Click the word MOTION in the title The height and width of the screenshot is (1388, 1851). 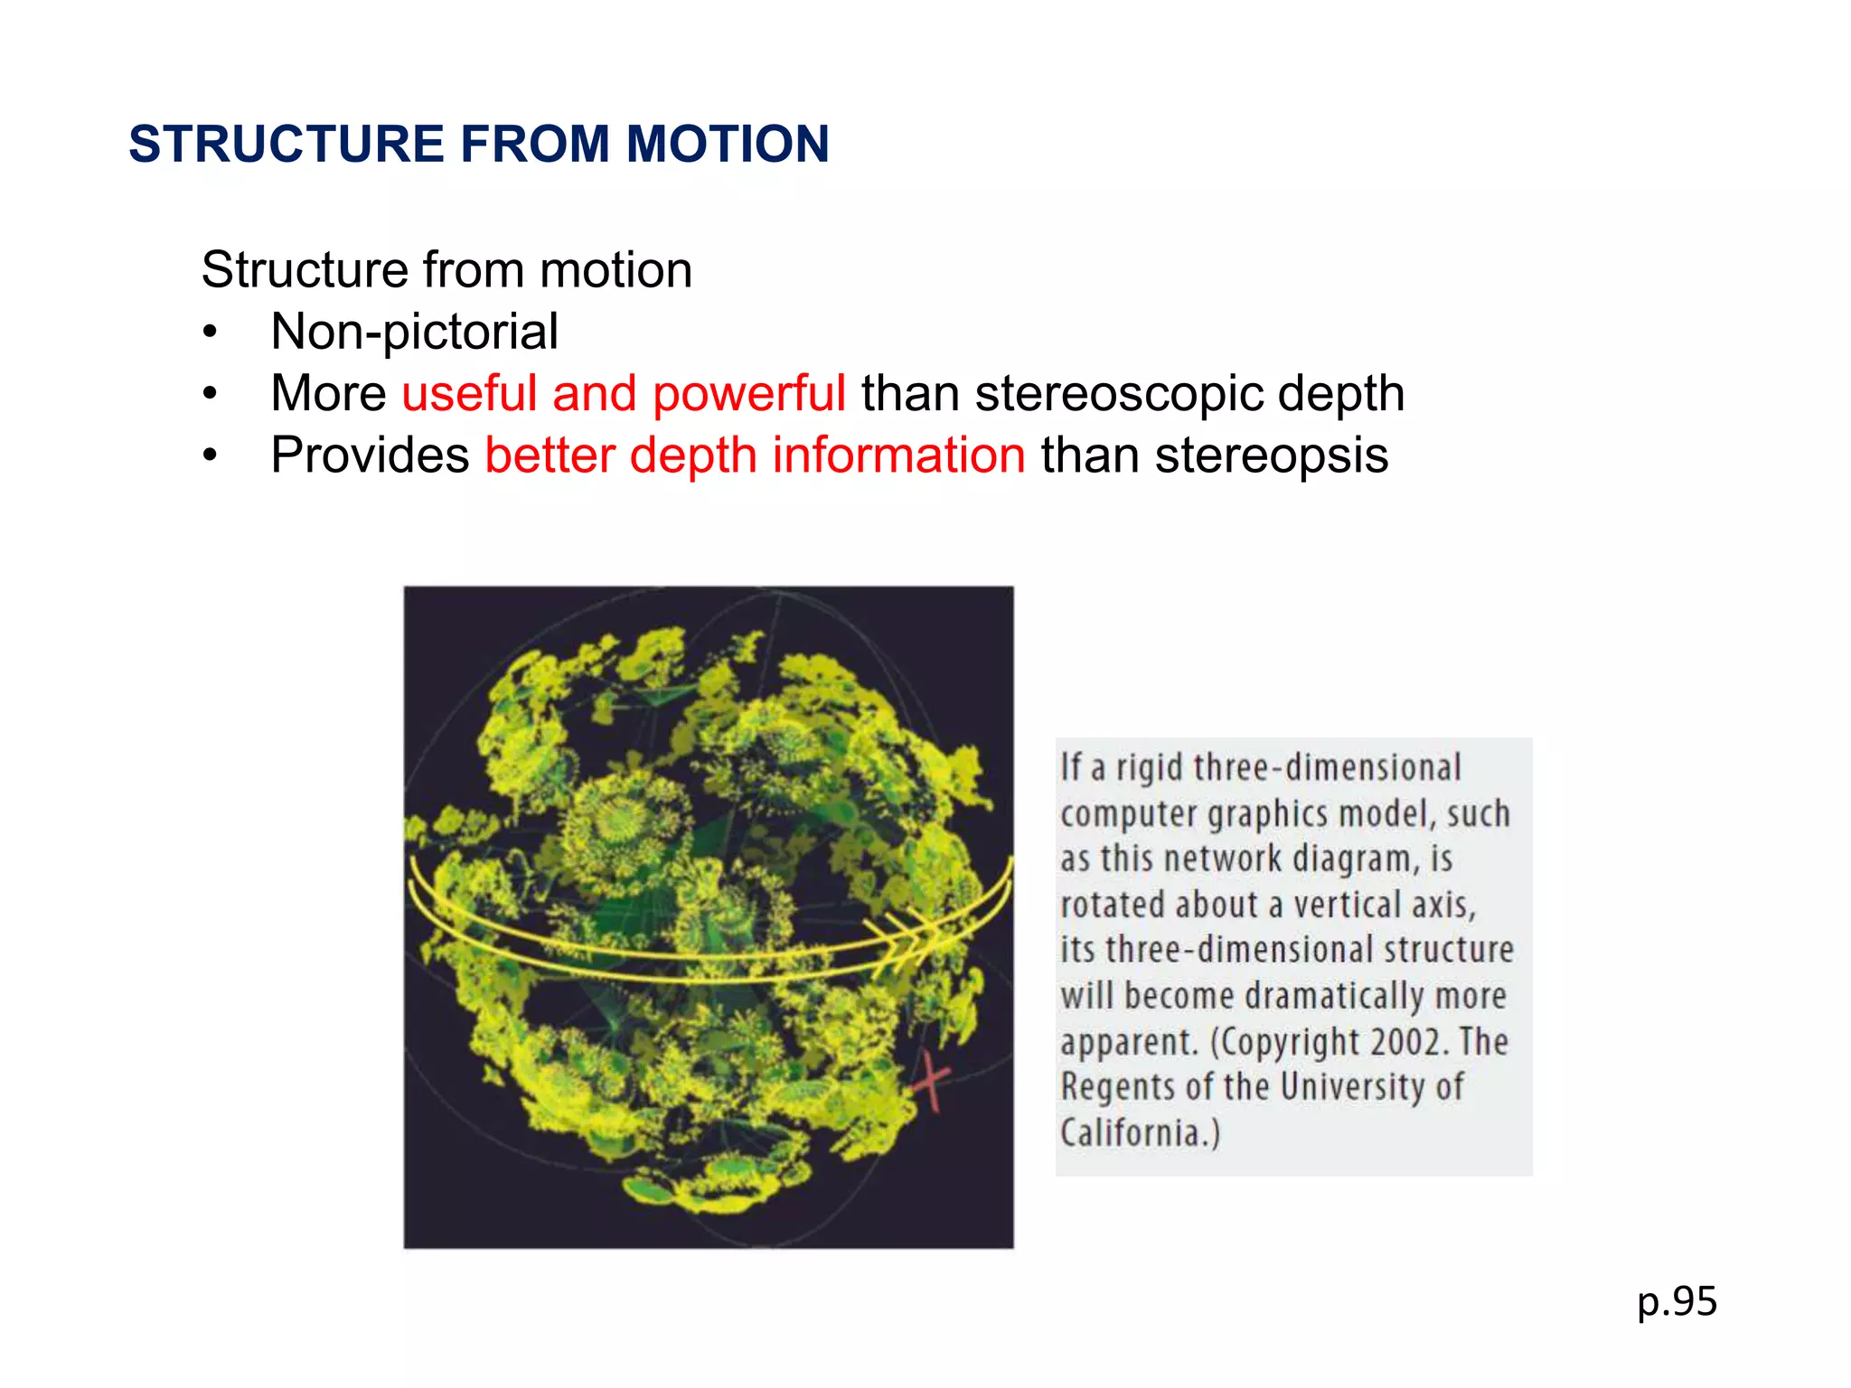click(728, 145)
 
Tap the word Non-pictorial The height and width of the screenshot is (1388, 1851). click(414, 332)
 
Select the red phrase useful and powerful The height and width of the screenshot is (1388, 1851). click(624, 394)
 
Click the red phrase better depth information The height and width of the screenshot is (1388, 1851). click(755, 455)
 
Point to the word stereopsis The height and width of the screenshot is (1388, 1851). click(1271, 455)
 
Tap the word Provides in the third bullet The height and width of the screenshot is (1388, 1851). click(370, 455)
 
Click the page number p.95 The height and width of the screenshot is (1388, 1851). click(1677, 1302)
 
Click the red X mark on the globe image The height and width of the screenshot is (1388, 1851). click(931, 1082)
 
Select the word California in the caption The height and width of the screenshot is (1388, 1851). click(1134, 1132)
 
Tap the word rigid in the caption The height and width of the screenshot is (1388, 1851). click(1150, 767)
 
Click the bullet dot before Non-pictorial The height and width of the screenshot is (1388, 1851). click(210, 333)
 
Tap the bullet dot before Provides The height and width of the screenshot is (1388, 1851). click(210, 456)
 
